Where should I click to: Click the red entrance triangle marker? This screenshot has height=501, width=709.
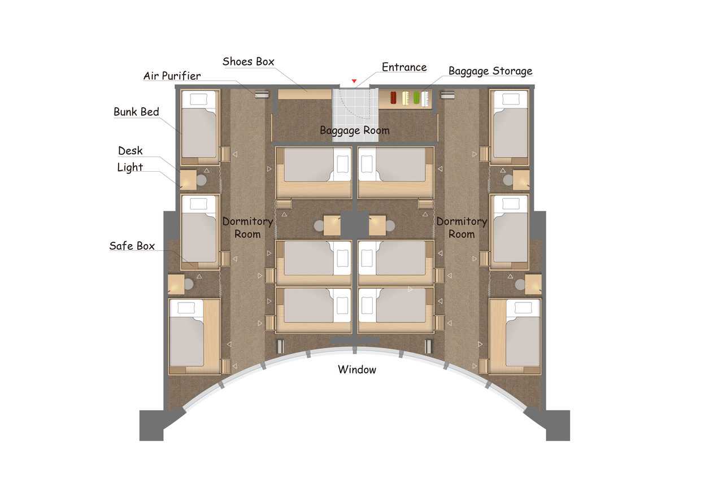click(354, 81)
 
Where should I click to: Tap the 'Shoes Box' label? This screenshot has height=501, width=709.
click(248, 62)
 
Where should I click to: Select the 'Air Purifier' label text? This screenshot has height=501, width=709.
click(172, 76)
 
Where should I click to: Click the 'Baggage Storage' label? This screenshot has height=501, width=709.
click(490, 71)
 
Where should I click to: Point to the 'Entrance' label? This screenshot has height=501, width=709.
click(404, 67)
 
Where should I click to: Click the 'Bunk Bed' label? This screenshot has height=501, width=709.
click(136, 112)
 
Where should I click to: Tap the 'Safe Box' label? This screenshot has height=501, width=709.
click(132, 246)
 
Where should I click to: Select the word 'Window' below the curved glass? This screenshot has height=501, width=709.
click(357, 369)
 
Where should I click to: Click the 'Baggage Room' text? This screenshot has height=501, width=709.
click(355, 130)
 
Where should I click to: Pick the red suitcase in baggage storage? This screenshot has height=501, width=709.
click(393, 98)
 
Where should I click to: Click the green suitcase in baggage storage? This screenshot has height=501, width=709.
click(416, 98)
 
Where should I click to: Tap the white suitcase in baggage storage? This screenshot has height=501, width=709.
click(425, 98)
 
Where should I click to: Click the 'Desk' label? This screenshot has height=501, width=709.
click(130, 151)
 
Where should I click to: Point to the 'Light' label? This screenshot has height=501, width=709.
click(130, 167)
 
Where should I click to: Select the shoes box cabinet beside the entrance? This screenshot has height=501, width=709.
click(305, 94)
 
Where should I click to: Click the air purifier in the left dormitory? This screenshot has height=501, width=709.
click(262, 94)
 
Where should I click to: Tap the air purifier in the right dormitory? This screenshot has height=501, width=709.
click(447, 95)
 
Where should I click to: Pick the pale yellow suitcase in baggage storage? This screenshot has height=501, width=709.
click(406, 98)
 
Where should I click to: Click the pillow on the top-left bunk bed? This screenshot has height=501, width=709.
click(199, 99)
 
